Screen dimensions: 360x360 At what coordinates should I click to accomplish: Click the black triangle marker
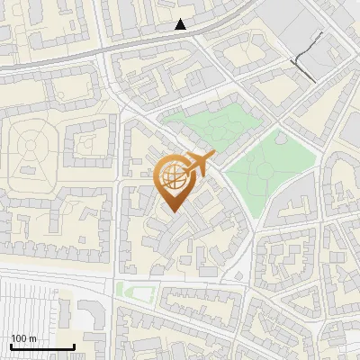[x=181, y=24]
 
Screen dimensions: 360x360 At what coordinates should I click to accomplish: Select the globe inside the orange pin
[x=172, y=176]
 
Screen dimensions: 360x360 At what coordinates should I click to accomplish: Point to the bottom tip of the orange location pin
[x=172, y=211]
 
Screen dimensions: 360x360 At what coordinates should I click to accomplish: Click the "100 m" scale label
[x=23, y=338]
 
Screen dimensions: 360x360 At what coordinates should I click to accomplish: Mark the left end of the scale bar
[x=11, y=346]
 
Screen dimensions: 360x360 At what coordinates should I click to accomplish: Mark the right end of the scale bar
[x=74, y=346]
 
